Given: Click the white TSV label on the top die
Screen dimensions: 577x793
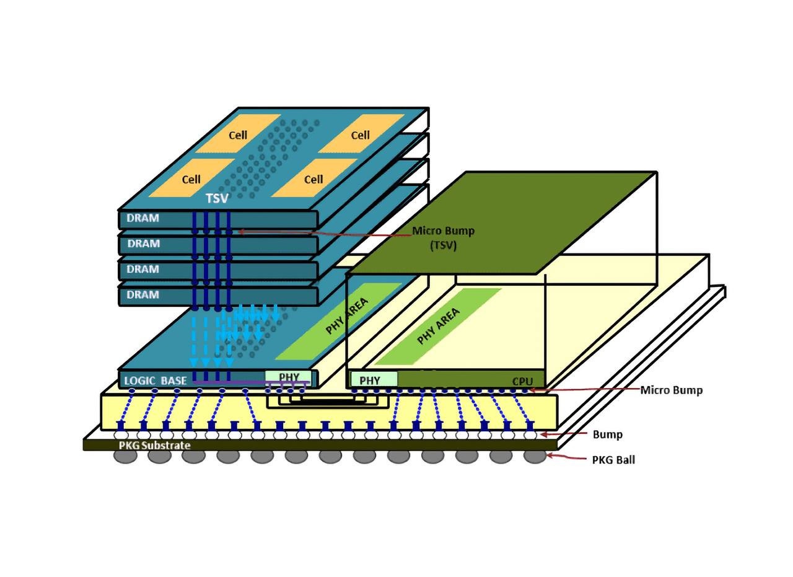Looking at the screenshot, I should coord(217,198).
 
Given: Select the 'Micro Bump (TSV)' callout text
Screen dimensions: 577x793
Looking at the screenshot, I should coord(444,238).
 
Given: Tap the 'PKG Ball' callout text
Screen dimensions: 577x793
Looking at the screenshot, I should coord(613,460).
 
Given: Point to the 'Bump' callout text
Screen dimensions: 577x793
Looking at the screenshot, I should coord(608,434).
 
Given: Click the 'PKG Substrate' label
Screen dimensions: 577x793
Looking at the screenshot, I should coord(155,445).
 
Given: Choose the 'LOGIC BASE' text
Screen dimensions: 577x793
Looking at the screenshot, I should coord(155,381).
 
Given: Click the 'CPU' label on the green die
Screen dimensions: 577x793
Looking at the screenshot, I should coord(522,381).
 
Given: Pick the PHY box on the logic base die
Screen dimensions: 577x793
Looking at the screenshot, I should coord(289,377).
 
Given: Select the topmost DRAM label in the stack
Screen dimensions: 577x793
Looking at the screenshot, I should coord(142,218).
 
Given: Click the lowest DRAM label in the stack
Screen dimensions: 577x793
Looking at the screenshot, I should coord(142,295).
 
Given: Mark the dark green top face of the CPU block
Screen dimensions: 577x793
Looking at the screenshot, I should coord(502,223).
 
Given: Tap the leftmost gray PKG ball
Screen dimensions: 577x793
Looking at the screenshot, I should coord(125,456).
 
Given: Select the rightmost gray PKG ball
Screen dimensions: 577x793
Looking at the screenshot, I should coord(535,456).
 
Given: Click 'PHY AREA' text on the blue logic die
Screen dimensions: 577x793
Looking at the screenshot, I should coord(347,315).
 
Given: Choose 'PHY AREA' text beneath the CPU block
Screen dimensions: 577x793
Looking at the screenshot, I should coord(439,326).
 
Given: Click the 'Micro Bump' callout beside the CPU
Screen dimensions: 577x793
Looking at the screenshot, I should coord(671,390).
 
